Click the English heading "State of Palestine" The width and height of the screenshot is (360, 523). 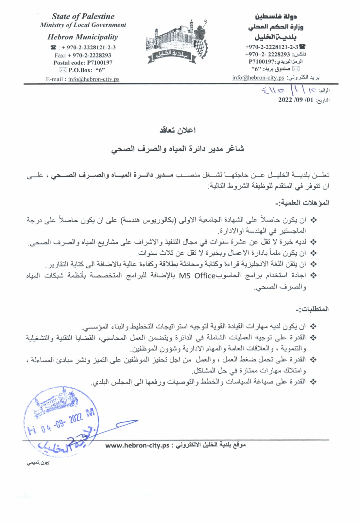83,16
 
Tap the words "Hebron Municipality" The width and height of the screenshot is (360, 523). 83,37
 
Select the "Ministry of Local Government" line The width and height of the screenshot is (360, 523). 83,25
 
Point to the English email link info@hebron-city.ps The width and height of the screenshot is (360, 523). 94,79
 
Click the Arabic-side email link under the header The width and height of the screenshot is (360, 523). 258,78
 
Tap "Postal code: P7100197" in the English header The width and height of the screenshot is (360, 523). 83,63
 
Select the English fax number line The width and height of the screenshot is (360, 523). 83,55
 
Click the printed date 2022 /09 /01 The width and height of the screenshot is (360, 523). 296,100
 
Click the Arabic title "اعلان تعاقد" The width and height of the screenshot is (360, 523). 178,130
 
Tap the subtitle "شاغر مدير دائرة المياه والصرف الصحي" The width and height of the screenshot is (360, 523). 178,149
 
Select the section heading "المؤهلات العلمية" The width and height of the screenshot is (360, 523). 302,203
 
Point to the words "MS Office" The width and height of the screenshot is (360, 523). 197,276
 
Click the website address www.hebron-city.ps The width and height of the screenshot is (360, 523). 137,446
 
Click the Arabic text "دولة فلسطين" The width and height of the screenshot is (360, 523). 276,16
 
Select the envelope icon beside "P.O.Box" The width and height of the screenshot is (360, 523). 63,70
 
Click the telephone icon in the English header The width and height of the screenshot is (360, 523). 53,48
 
